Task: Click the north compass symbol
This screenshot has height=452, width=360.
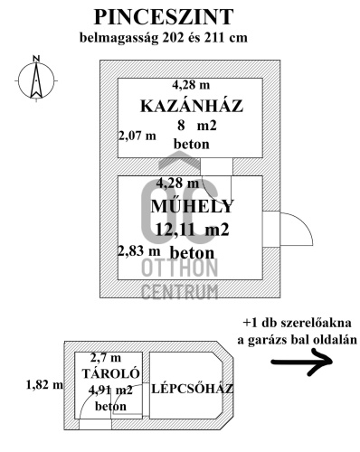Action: pyautogui.click(x=34, y=80)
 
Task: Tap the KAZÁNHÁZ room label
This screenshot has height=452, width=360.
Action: pyautogui.click(x=192, y=107)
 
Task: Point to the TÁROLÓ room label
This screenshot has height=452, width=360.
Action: pyautogui.click(x=108, y=372)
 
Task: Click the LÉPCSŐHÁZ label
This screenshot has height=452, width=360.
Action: pyautogui.click(x=193, y=390)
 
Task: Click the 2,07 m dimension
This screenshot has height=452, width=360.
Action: pyautogui.click(x=137, y=136)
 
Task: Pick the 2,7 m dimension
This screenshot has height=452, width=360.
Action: pyautogui.click(x=106, y=358)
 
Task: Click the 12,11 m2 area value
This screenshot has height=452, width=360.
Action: pyautogui.click(x=192, y=230)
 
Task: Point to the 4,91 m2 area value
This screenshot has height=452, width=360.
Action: pyautogui.click(x=110, y=390)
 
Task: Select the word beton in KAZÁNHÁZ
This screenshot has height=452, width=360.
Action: pyautogui.click(x=191, y=144)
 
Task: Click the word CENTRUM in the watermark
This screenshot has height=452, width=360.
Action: pyautogui.click(x=180, y=291)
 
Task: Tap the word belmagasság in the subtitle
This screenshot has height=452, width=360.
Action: pyautogui.click(x=118, y=38)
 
